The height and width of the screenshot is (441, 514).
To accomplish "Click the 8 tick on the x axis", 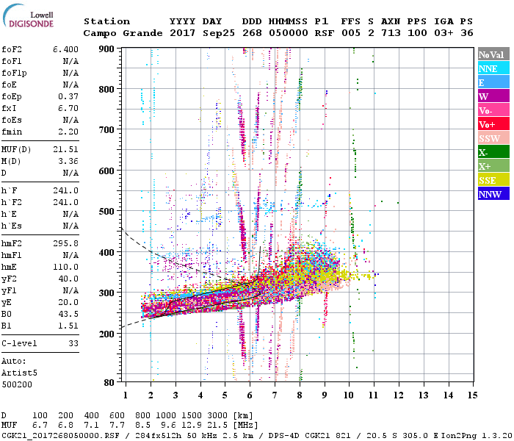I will pyautogui.click(x=300, y=395).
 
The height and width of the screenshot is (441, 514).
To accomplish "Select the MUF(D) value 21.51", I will pyautogui.click(x=67, y=149).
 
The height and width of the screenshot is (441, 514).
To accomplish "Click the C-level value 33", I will pyautogui.click(x=73, y=343).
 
